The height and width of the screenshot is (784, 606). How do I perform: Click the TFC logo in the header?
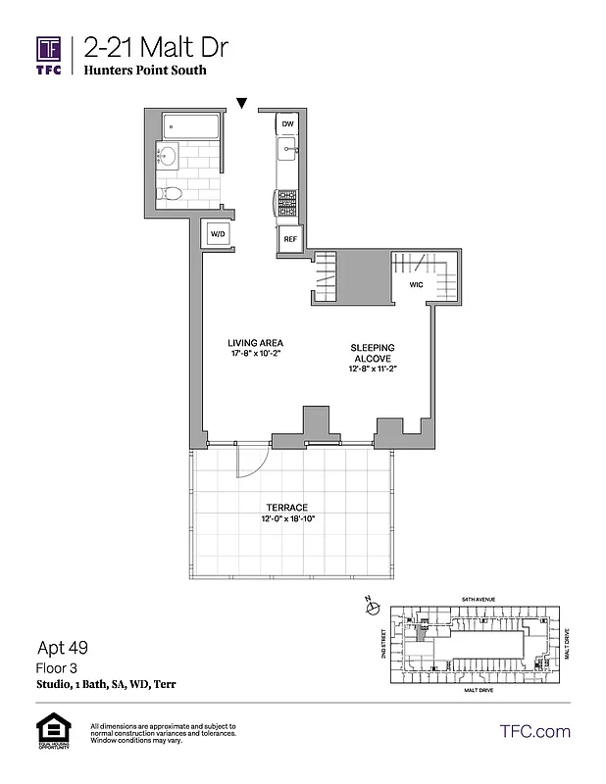[x=48, y=54]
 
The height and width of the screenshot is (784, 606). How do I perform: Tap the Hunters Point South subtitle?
[x=145, y=72]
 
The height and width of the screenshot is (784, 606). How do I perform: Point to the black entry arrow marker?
[x=241, y=102]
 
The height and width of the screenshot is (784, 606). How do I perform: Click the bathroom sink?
[x=167, y=158]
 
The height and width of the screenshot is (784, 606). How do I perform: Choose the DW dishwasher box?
[x=287, y=125]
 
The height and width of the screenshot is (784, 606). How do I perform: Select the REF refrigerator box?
[x=289, y=238]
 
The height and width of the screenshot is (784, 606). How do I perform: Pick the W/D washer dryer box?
[x=216, y=234]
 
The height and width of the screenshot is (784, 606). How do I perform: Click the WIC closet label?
[x=416, y=285]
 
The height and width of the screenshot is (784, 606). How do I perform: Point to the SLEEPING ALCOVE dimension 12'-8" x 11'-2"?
[x=373, y=369]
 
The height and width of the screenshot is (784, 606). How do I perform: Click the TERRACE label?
[x=286, y=507]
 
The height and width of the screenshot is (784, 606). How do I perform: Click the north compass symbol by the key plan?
[x=371, y=608]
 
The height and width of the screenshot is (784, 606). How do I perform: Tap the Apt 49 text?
[x=58, y=648]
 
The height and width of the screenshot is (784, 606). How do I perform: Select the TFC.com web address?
[x=534, y=731]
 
